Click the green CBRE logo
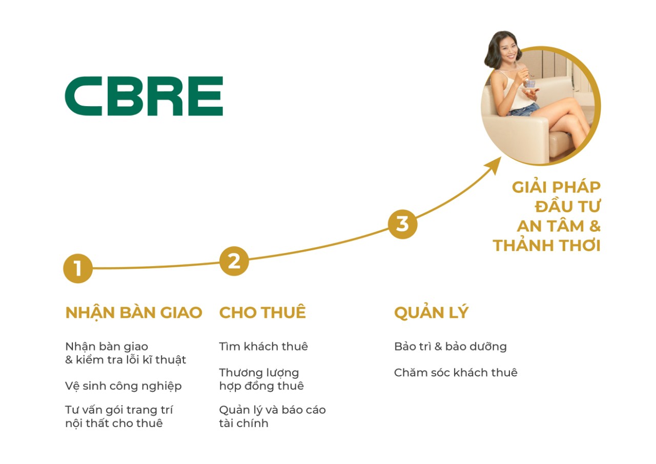tap(144, 96)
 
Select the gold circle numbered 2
tap(234, 261)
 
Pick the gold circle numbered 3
tap(402, 224)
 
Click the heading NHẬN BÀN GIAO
tap(134, 313)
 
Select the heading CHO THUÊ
tap(262, 313)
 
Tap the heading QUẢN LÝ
tap(431, 313)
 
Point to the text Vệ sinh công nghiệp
tap(124, 386)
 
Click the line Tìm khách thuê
tap(263, 347)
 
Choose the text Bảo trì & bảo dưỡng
tap(450, 347)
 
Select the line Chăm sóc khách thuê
tap(456, 373)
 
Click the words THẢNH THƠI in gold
tap(546, 246)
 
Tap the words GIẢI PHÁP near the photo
tap(556, 187)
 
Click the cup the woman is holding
tap(529, 84)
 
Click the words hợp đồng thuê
tap(261, 386)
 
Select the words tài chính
tap(243, 423)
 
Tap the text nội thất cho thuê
tap(114, 423)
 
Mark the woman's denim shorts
tap(524, 109)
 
